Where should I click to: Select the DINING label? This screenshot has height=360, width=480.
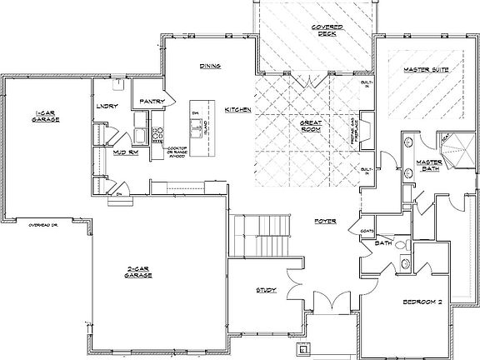209,67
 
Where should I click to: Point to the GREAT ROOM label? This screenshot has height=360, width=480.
311,126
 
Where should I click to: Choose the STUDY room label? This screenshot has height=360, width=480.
267,290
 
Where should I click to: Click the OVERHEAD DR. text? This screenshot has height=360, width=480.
45,224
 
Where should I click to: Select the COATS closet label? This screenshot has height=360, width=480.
366,231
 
